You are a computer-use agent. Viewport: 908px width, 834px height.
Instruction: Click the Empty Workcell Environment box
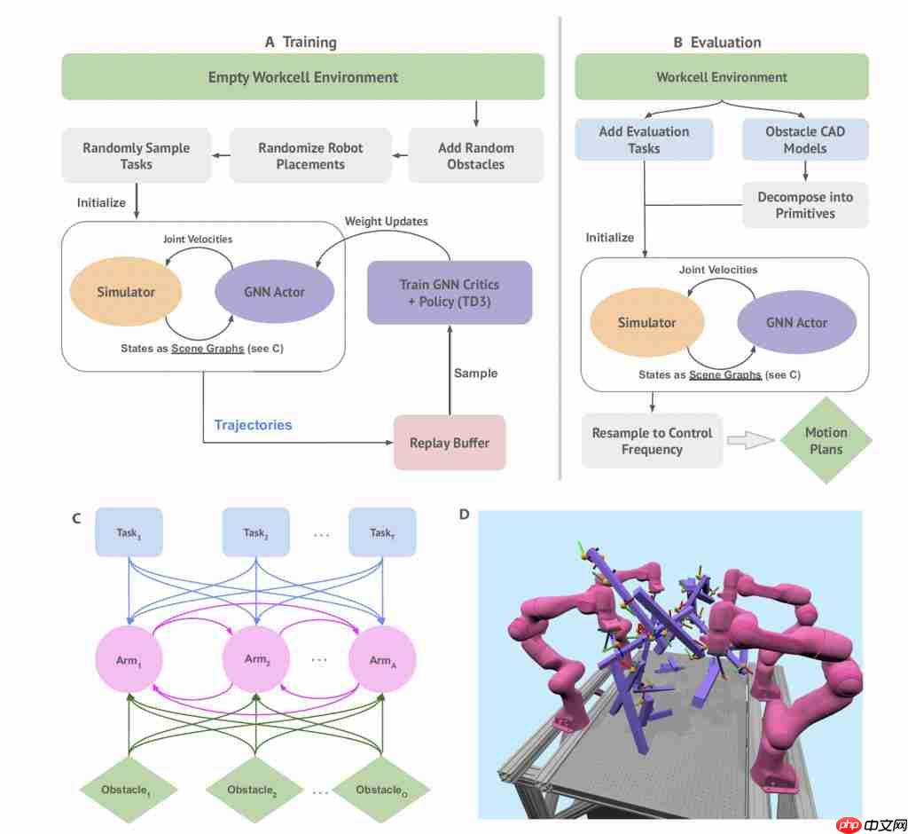pyautogui.click(x=302, y=77)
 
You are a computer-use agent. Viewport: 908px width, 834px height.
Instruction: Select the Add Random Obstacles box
pyautogui.click(x=475, y=156)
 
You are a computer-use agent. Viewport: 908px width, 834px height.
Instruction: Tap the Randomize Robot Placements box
pyautogui.click(x=310, y=156)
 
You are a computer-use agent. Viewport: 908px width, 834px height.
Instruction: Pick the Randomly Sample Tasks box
pyautogui.click(x=136, y=156)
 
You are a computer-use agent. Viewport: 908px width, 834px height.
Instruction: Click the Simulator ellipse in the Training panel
pyautogui.click(x=126, y=291)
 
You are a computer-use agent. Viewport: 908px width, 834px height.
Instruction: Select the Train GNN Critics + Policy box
pyautogui.click(x=450, y=293)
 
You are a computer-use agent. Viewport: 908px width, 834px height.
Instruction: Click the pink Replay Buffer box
pyautogui.click(x=450, y=443)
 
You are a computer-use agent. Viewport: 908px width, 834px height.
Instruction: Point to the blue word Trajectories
pyautogui.click(x=253, y=425)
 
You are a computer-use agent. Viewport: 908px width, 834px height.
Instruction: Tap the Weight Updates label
pyautogui.click(x=386, y=221)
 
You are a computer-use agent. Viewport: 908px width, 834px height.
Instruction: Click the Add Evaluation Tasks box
pyautogui.click(x=644, y=140)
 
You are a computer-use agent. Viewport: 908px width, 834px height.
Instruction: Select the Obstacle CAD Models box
pyautogui.click(x=804, y=140)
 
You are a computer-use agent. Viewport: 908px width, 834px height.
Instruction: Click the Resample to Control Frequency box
pyautogui.click(x=652, y=441)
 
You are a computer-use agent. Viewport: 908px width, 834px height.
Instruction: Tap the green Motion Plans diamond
pyautogui.click(x=826, y=441)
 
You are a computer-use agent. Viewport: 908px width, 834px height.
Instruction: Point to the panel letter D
pyautogui.click(x=465, y=514)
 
